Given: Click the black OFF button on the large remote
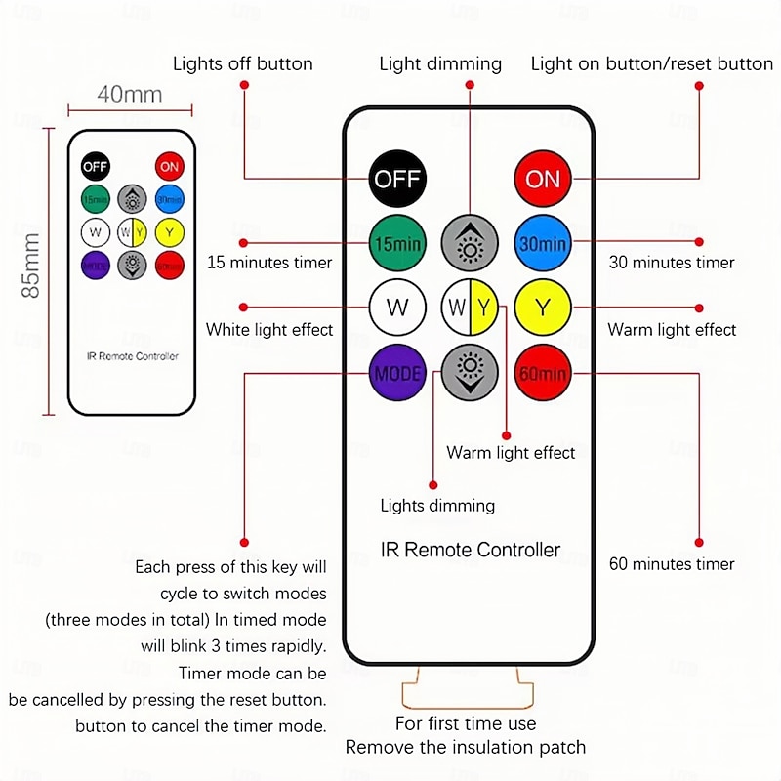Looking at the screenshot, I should coord(397,179).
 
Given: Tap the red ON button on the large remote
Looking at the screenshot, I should coord(543,179).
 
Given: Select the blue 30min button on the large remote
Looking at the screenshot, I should coord(543,243).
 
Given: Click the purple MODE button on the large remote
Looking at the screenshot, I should coord(397,373).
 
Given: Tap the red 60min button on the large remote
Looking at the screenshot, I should coord(543,373).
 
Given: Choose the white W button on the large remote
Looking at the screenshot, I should coord(397,308).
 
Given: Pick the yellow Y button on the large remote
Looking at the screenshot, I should coord(543,308).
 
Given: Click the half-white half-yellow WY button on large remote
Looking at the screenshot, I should coord(470,308).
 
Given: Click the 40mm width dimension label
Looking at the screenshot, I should coord(129,95).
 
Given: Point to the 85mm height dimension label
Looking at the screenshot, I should coord(31,266).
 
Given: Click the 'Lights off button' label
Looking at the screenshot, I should coord(243,64).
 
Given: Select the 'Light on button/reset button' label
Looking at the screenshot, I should coord(651,64).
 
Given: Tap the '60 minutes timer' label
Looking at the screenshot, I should coord(672,563).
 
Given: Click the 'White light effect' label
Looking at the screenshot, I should coord(269,330).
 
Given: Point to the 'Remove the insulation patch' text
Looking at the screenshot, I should coord(466,748).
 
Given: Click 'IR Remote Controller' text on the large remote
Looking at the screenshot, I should coord(470,550).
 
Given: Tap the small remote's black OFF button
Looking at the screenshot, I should coord(95,166).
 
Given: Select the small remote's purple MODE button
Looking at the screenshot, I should coord(95,264).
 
